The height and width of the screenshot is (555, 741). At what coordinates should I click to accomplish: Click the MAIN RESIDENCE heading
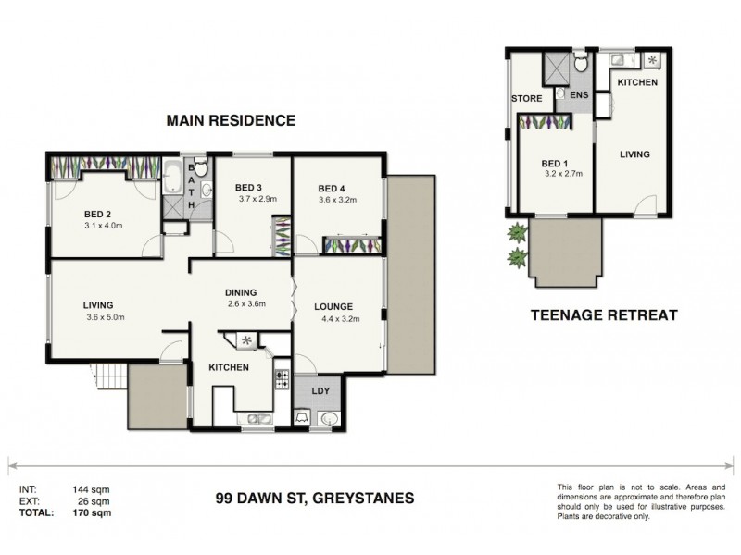(x=230, y=120)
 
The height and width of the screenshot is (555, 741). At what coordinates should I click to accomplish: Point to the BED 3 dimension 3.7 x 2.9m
(x=245, y=199)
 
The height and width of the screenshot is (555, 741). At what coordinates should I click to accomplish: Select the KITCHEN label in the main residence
(x=228, y=368)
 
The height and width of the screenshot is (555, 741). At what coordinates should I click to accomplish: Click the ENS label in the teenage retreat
(x=580, y=95)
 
